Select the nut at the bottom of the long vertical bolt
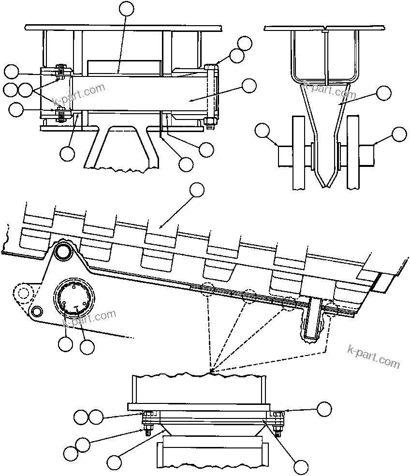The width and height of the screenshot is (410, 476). point(209,127)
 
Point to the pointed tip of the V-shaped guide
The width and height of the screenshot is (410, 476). point(325,184)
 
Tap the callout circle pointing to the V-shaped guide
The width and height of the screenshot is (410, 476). point(384,93)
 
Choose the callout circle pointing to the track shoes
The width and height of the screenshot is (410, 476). point(196,190)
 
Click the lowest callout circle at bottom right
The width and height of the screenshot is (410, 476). point(301,467)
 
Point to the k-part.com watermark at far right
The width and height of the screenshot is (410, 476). point(374,357)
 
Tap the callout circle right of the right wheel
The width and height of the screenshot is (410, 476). point(399,134)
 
